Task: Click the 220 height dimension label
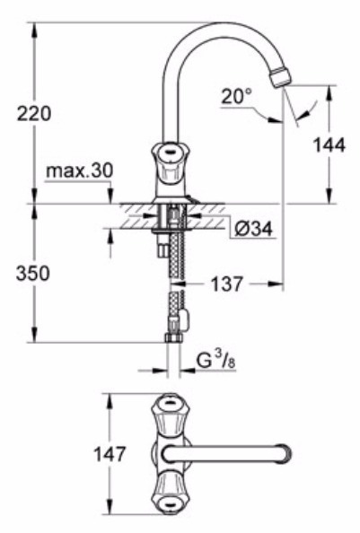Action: [34, 114]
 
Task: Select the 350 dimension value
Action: [33, 273]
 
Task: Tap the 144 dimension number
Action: [329, 145]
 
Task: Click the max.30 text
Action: [79, 170]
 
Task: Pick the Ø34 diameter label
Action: [253, 229]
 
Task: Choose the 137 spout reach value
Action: [227, 284]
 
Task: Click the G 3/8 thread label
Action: [216, 361]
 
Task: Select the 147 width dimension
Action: [110, 454]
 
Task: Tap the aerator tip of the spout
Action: [281, 77]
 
